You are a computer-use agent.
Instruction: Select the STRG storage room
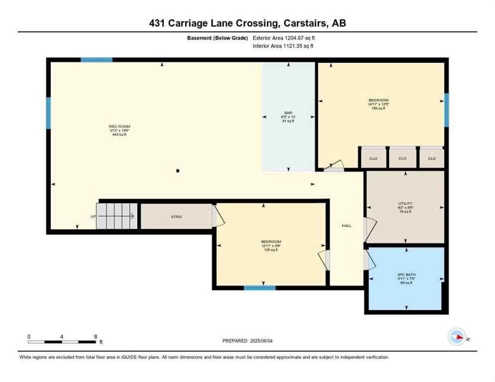176,216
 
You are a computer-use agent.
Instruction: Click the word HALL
347,226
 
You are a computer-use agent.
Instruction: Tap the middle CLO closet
402,159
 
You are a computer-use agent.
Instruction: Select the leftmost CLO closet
373,159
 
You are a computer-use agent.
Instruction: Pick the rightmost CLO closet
431,159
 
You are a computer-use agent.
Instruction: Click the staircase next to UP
116,216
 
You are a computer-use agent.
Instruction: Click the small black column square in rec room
178,171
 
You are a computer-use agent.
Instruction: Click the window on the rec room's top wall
97,60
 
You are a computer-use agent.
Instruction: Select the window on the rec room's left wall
49,113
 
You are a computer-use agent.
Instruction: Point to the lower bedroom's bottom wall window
259,287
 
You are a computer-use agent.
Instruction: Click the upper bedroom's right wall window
446,110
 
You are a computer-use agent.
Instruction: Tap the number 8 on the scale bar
95,336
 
